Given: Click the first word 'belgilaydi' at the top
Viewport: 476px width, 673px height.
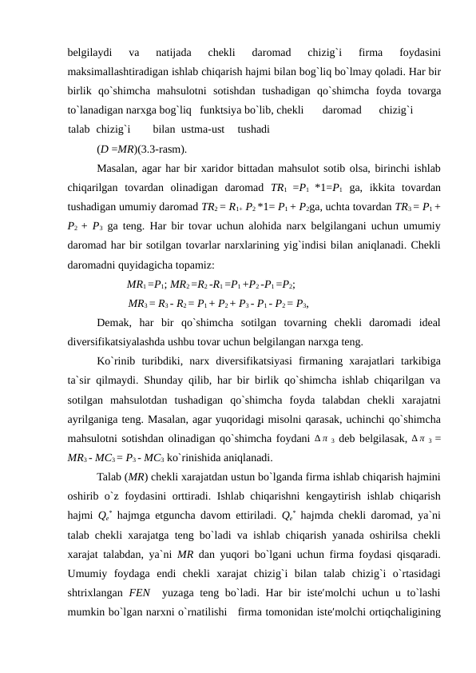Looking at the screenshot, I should (89, 54).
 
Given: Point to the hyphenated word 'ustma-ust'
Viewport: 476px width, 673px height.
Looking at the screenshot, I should (207, 129).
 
